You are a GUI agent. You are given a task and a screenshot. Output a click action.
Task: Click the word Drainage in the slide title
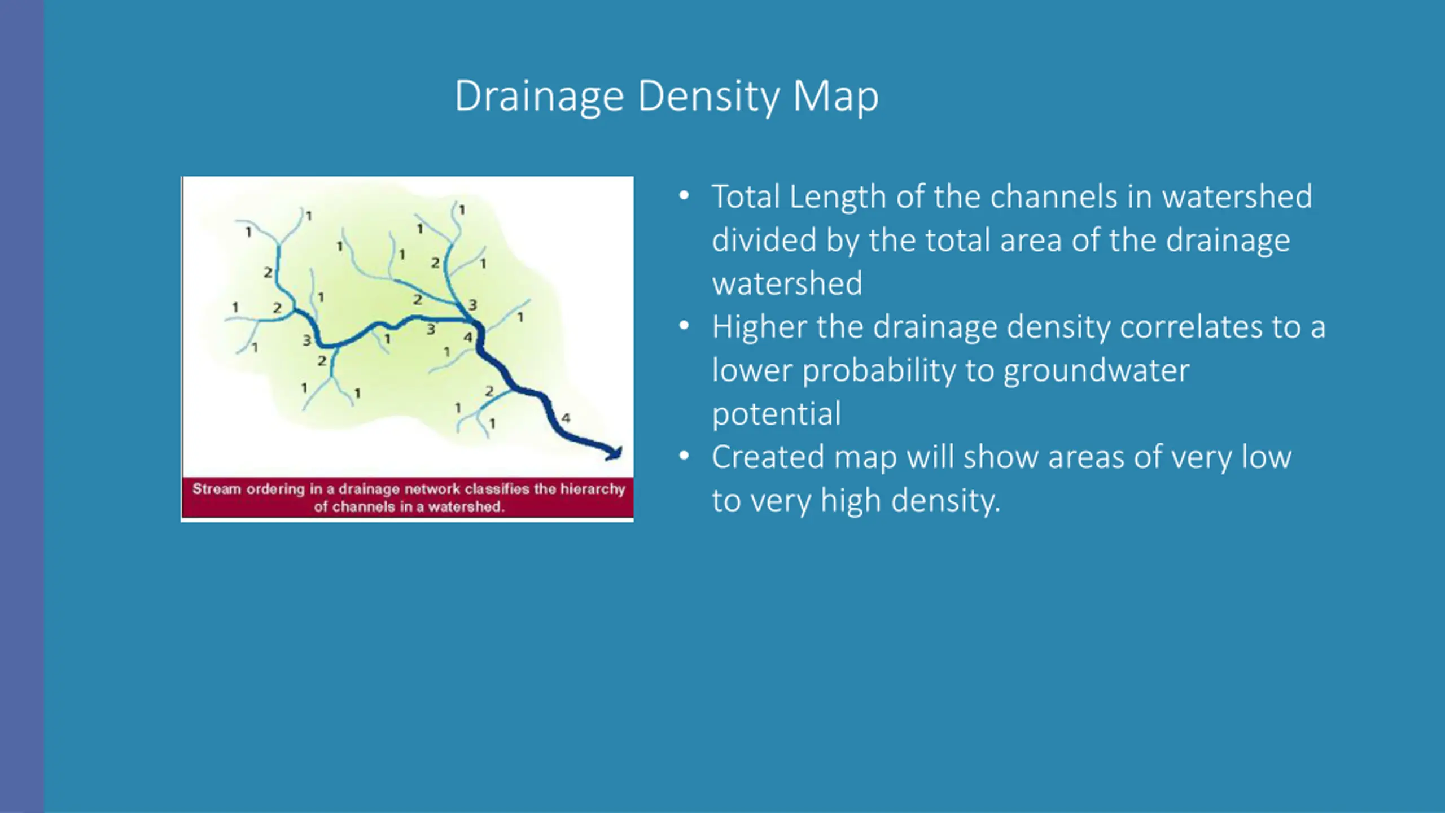pos(539,97)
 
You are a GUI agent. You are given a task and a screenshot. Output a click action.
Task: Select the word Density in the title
pos(708,97)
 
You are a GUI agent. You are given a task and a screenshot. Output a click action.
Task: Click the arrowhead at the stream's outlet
pos(615,453)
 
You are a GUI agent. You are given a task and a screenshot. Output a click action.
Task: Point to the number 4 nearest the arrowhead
pos(566,418)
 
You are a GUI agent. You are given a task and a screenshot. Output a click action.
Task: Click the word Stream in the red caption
pos(217,489)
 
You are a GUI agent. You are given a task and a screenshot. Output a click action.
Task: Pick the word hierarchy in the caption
pos(593,489)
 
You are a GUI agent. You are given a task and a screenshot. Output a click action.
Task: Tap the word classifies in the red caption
pos(497,489)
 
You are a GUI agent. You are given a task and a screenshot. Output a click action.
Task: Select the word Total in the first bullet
pos(745,196)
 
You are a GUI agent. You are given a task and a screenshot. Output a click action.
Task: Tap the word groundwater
pos(1097,371)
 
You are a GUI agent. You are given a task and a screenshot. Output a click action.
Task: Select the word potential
pos(776,414)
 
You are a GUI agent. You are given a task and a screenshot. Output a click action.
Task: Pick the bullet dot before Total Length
pos(684,196)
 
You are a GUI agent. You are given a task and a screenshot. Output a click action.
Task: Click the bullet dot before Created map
pos(684,456)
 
